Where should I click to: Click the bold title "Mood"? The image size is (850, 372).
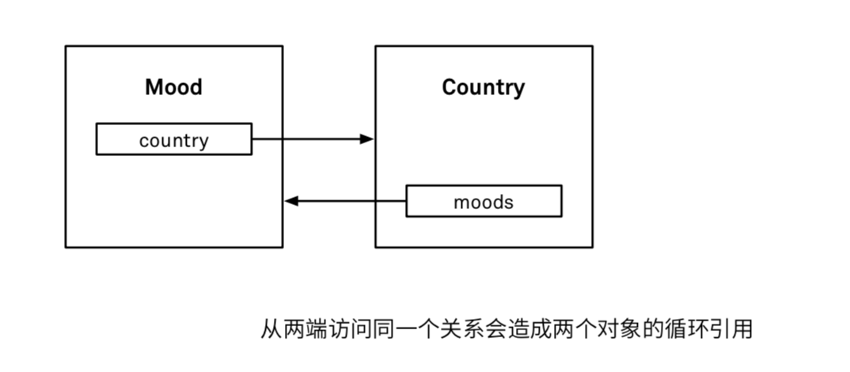173,86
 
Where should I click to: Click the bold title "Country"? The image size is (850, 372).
483,86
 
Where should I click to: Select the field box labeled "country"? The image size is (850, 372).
173,139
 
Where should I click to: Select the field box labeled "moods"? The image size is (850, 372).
484,201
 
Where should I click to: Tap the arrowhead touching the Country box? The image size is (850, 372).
366,139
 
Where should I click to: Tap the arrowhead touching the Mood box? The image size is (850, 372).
291,201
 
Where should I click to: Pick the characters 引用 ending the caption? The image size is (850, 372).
730,328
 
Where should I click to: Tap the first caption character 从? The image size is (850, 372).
272,328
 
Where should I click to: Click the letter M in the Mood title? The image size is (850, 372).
154,86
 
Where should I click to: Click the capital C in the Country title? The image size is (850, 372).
449,86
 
